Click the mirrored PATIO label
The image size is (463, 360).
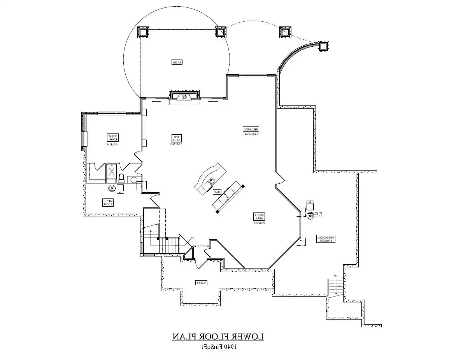[177, 62]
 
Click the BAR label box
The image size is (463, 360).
[217, 192]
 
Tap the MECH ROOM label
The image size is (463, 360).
[108, 202]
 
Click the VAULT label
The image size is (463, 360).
[201, 283]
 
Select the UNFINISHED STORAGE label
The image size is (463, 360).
[326, 239]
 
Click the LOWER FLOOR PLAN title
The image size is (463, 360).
[218, 337]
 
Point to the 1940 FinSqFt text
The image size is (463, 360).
[219, 346]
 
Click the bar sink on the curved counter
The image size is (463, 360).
[212, 180]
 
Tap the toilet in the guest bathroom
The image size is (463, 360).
[121, 178]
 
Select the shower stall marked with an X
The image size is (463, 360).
[112, 172]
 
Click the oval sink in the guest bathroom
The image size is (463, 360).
[133, 180]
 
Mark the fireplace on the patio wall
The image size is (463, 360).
[184, 97]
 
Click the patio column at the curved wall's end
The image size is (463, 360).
[323, 47]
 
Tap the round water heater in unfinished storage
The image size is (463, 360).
[310, 215]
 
